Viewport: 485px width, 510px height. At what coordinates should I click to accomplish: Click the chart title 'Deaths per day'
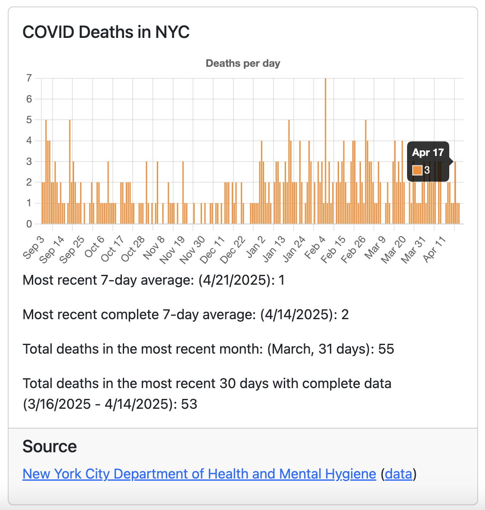243,63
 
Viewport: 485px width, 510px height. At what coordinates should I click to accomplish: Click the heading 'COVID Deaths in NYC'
106,32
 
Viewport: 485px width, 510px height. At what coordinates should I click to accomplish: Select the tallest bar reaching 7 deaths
325,151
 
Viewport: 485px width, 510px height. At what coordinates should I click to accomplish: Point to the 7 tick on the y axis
29,78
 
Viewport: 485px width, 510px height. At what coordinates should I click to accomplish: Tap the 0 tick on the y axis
29,224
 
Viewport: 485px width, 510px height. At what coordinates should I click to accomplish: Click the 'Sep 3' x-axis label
34,248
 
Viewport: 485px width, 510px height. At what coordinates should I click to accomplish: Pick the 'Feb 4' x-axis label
314,248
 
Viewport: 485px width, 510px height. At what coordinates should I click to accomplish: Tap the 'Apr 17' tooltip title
428,152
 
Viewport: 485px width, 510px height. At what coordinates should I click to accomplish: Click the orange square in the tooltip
417,170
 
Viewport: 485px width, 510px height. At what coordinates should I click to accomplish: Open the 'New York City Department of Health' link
199,474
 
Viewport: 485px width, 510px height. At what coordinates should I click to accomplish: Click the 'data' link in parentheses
398,474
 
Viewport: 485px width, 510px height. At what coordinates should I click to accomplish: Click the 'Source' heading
50,447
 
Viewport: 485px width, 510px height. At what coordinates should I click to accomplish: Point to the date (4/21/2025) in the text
236,280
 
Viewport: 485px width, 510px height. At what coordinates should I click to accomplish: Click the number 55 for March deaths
386,349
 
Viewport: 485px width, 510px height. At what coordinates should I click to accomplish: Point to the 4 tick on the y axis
29,140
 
